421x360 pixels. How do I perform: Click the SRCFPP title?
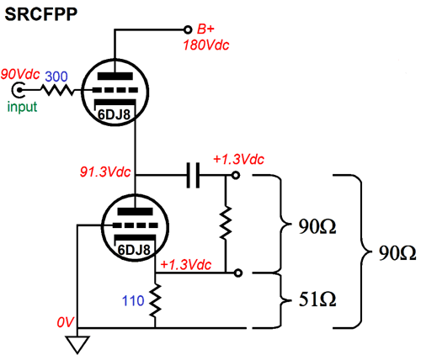41,13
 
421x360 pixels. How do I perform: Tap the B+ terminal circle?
188,29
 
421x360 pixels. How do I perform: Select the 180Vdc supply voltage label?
206,45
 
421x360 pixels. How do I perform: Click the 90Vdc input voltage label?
20,74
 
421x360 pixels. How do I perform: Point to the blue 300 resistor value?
56,77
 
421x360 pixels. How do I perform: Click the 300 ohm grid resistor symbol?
57,90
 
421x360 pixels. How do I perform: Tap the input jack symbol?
19,90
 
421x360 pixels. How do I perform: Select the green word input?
22,107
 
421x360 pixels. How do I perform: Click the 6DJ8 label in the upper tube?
115,114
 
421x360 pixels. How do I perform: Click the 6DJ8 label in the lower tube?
134,250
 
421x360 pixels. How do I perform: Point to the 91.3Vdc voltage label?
105,172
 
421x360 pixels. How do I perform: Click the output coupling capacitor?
193,175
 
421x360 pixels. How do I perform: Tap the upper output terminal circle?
236,176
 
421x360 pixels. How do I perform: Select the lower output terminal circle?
238,273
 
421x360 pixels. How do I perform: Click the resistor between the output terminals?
226,223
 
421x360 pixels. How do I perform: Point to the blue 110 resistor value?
133,301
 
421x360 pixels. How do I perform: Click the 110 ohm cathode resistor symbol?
155,300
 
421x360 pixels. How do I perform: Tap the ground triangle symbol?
77,344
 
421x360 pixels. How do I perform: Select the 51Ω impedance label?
317,299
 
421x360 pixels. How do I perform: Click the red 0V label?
65,322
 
